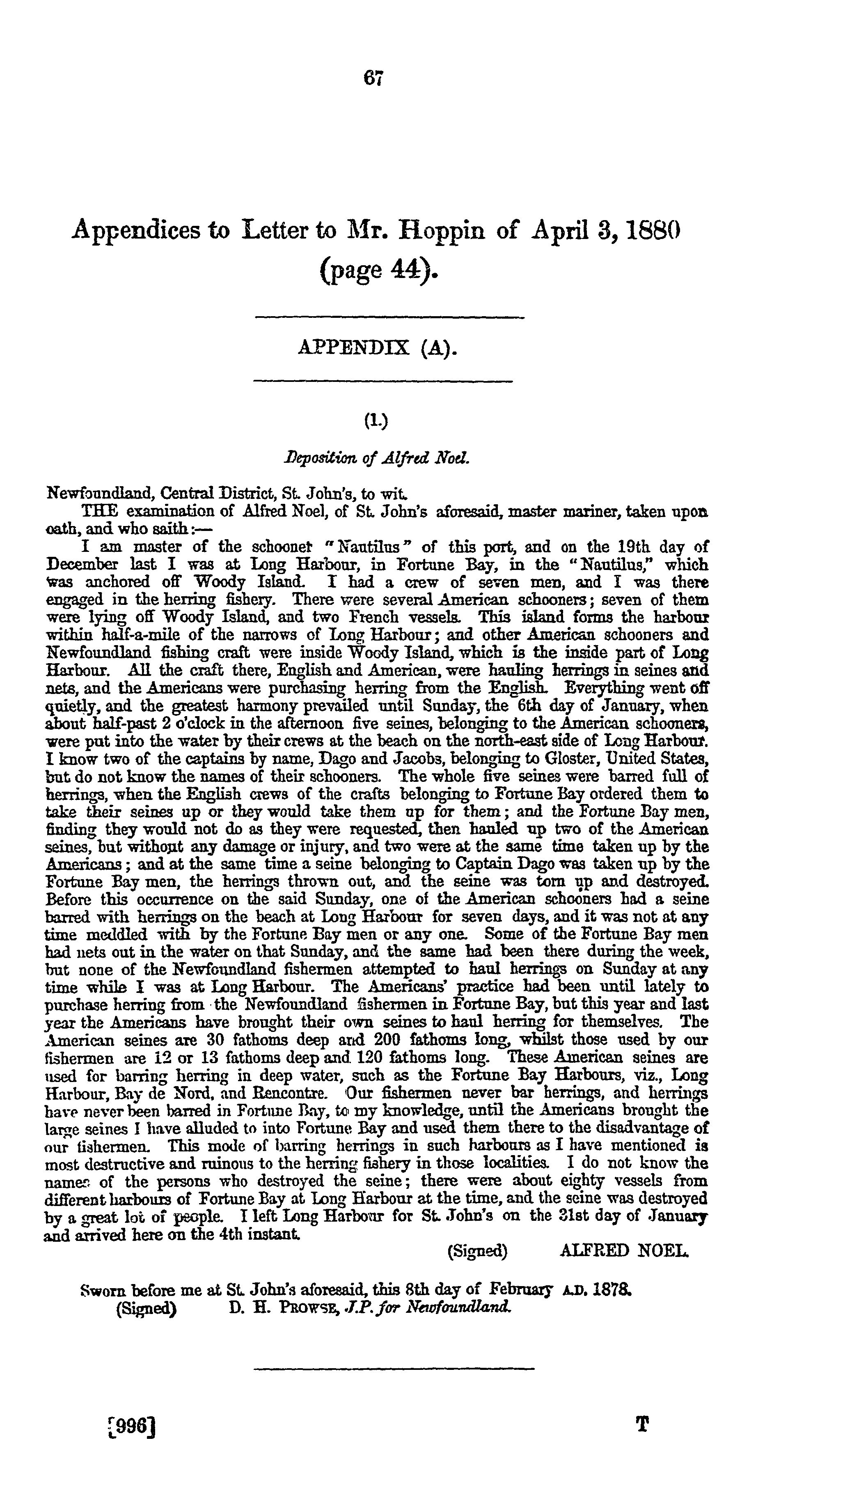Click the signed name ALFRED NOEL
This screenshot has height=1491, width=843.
(625, 1252)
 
